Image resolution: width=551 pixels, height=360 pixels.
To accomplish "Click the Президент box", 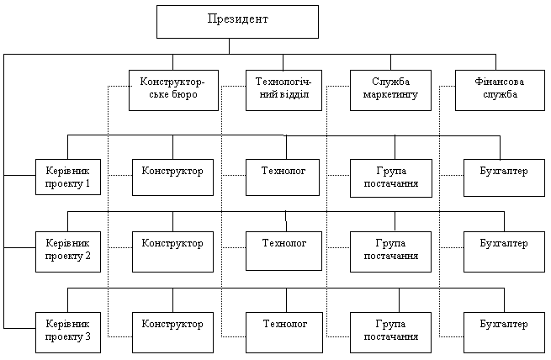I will (x=237, y=21).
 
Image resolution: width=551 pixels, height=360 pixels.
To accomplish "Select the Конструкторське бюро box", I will (x=172, y=89).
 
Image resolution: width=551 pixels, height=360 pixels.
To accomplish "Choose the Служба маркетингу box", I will (x=389, y=89).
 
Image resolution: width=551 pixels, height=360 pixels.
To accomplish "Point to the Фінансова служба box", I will (x=496, y=89).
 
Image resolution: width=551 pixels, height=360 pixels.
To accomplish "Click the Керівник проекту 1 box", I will (x=67, y=177).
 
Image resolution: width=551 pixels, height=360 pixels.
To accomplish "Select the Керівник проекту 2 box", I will (x=67, y=250).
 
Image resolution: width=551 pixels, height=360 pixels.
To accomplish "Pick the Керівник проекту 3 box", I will (x=67, y=330).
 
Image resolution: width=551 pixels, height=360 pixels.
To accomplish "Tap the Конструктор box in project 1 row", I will (x=172, y=177).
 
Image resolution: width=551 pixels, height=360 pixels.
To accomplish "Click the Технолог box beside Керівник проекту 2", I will (x=283, y=249).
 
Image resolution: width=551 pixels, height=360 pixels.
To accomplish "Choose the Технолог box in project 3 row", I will (x=283, y=330).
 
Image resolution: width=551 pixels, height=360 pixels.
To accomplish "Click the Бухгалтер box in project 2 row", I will (x=503, y=250).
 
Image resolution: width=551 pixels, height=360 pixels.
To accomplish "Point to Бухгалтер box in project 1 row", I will (x=503, y=177).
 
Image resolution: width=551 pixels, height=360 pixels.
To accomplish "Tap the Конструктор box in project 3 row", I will (x=172, y=330).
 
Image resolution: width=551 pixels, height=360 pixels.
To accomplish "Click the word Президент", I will (x=238, y=19).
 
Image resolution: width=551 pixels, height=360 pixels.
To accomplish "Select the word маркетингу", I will (x=390, y=95).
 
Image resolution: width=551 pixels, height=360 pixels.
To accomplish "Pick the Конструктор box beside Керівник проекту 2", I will (x=172, y=250).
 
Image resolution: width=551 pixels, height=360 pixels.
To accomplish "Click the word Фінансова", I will (x=496, y=82).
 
